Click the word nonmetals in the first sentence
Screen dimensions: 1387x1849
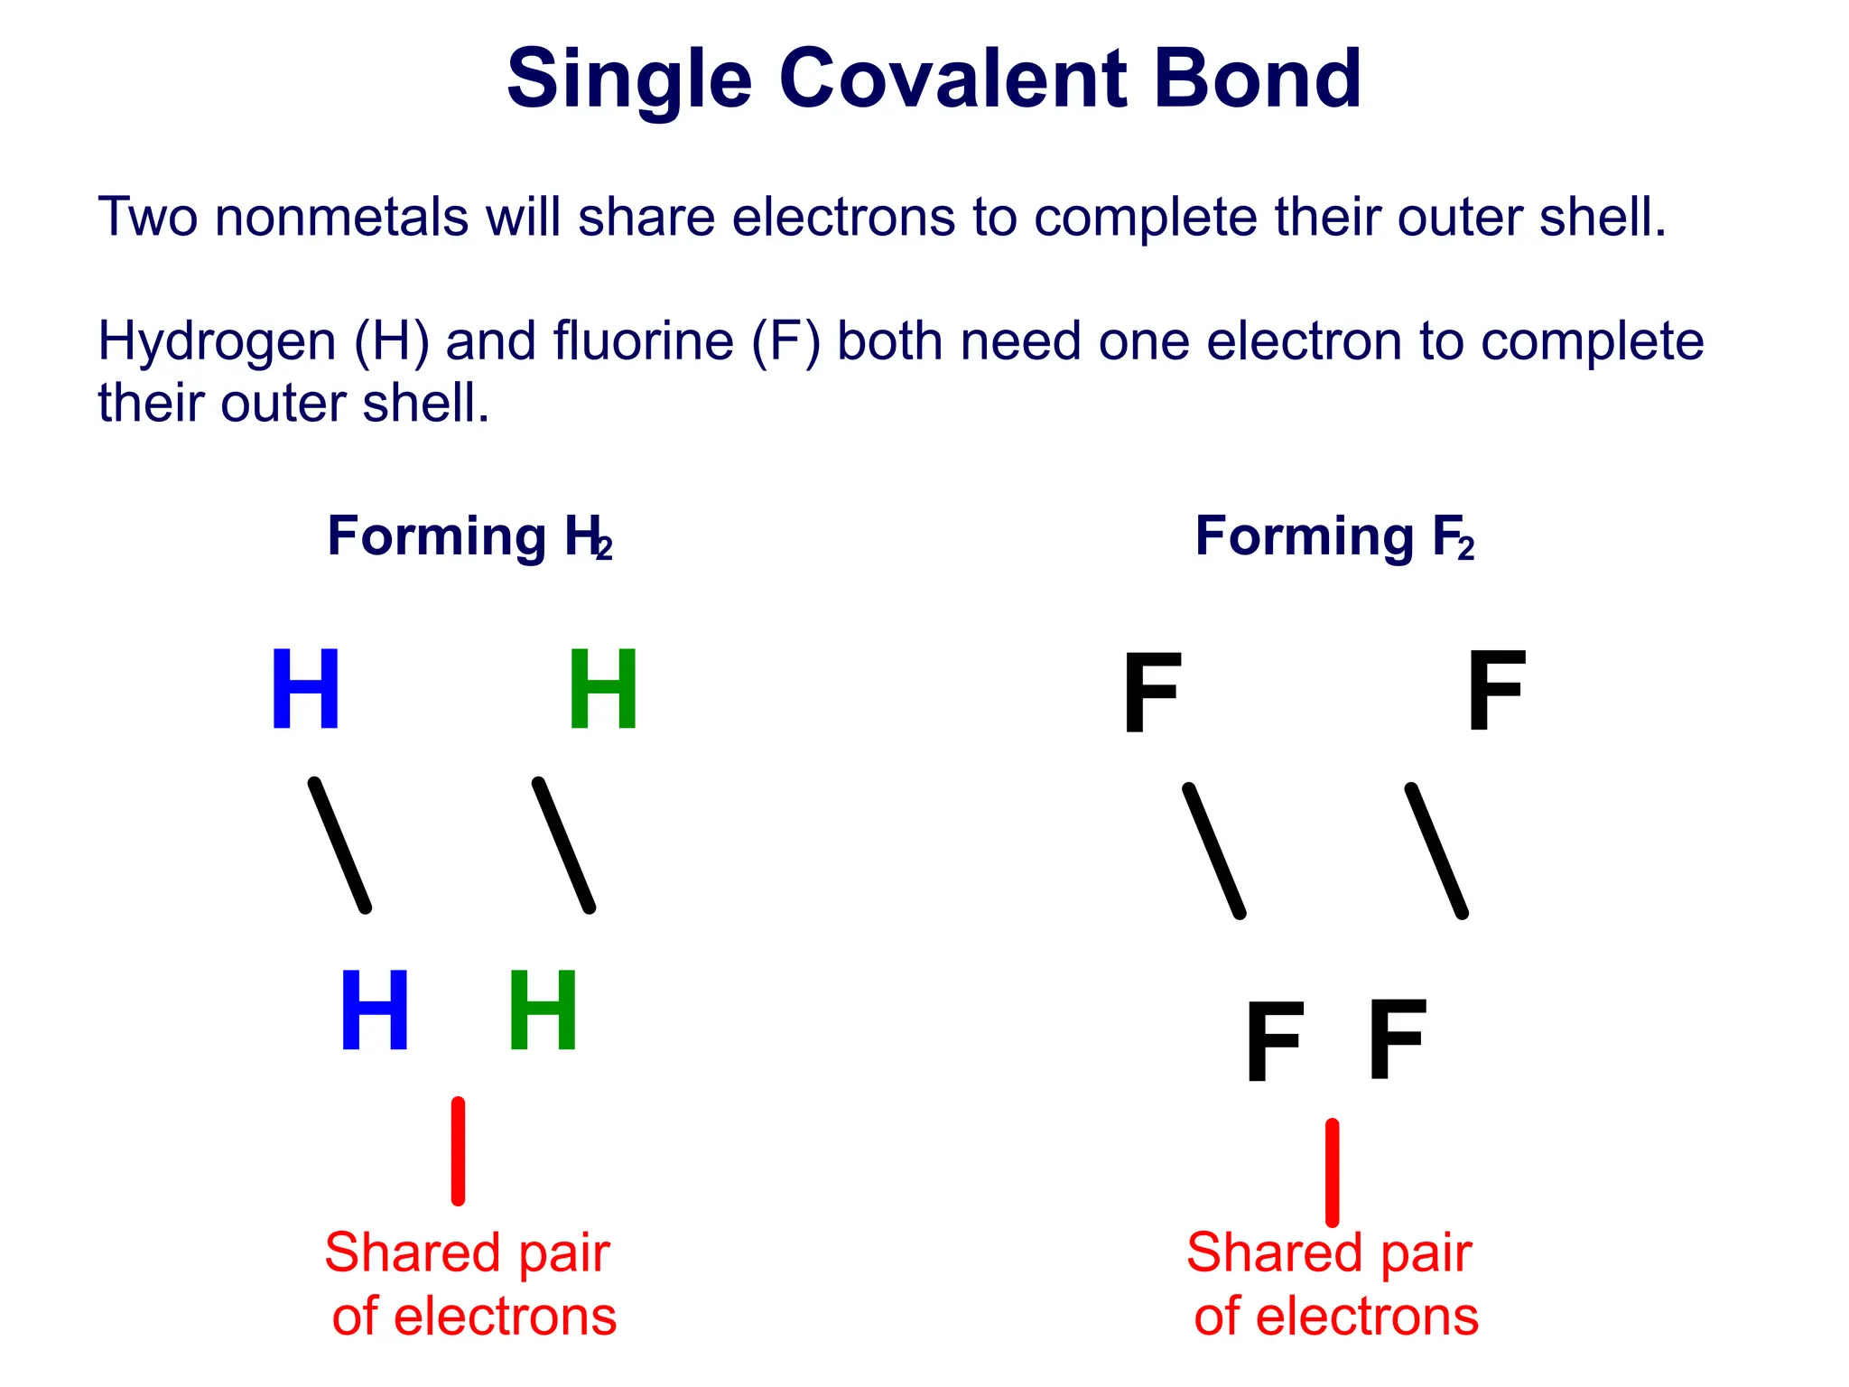click(341, 218)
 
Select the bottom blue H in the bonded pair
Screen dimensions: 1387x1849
click(375, 1010)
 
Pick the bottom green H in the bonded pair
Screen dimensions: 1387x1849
click(543, 1010)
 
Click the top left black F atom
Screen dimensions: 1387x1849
click(1151, 693)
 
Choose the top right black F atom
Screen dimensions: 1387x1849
click(1496, 692)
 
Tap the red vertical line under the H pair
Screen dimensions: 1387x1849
click(459, 1151)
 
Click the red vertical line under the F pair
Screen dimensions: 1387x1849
click(1332, 1172)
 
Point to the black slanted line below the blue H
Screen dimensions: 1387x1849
click(339, 845)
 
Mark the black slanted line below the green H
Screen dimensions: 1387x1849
click(563, 845)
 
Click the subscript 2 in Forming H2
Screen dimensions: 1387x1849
click(604, 548)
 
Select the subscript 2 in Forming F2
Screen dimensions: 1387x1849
click(1465, 548)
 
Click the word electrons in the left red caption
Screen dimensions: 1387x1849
click(505, 1317)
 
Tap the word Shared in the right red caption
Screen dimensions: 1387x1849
click(1261, 1253)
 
